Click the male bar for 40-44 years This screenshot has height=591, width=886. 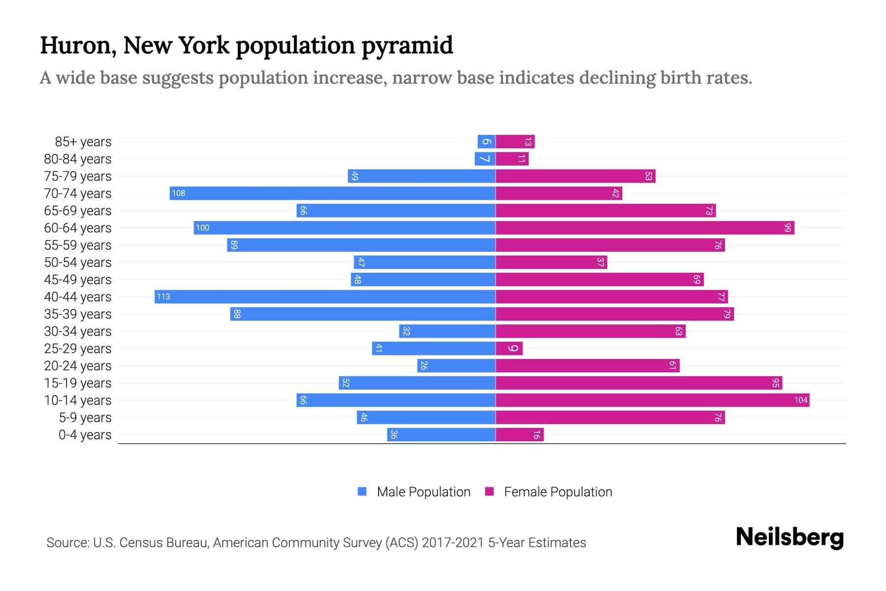point(325,296)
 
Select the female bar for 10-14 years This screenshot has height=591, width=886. point(652,400)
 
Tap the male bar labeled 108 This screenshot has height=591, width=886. point(332,193)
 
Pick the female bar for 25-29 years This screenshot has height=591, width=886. point(509,348)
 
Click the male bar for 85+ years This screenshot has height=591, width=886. point(486,141)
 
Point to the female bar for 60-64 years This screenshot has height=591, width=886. point(645,228)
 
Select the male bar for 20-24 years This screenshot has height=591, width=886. point(456,365)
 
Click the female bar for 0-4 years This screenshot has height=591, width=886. point(520,434)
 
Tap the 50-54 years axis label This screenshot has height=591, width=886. point(78,263)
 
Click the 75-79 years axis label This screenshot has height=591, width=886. point(78,176)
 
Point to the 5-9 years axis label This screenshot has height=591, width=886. point(85,418)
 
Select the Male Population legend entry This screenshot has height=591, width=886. point(423,492)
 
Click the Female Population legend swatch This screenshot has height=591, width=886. point(489,492)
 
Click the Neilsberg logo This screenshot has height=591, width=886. point(790,537)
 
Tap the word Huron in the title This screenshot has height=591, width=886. point(77,45)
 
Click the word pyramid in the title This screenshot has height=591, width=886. point(407,45)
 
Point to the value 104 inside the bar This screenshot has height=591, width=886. point(800,400)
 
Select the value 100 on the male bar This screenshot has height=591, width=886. point(202,228)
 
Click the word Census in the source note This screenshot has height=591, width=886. point(140,543)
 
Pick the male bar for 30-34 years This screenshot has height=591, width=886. point(447,331)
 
